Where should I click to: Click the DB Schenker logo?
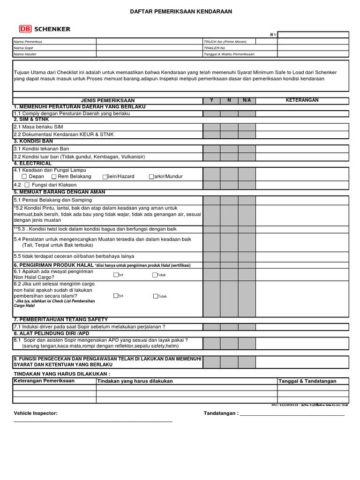[x=44, y=29]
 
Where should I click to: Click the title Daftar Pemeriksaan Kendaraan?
[x=180, y=11]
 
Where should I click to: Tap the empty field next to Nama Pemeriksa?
[x=149, y=42]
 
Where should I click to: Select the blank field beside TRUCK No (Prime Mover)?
[x=313, y=42]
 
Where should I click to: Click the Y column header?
[x=211, y=100]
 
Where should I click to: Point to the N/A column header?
[x=247, y=100]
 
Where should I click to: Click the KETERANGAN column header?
[x=302, y=100]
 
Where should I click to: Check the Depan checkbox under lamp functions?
[x=24, y=177]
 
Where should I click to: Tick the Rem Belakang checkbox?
[x=54, y=177]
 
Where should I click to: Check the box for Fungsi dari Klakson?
[x=27, y=186]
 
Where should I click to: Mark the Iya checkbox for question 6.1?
[x=116, y=275]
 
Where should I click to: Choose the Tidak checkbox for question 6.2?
[x=155, y=296]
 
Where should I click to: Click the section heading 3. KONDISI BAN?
[x=33, y=141]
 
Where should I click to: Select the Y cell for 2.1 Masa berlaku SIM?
[x=211, y=127]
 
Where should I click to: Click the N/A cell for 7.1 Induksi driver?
[x=247, y=327]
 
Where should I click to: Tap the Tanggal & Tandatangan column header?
[x=307, y=381]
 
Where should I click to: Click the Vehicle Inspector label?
[x=36, y=413]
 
